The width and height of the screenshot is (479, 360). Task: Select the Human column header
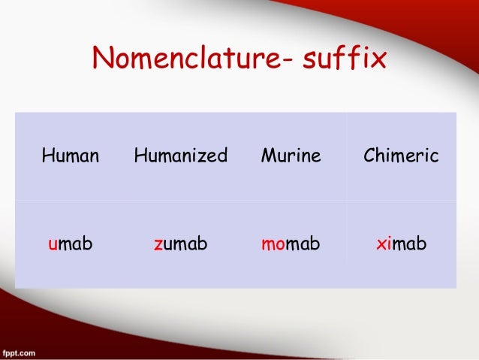click(x=71, y=156)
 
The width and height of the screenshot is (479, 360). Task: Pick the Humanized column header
click(x=180, y=156)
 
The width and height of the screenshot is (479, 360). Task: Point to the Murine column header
click(x=291, y=156)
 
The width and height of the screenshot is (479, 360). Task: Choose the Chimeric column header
click(x=401, y=156)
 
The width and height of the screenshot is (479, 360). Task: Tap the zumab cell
click(x=180, y=244)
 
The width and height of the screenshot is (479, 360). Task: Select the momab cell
click(x=291, y=244)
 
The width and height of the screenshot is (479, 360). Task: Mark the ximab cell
click(x=401, y=244)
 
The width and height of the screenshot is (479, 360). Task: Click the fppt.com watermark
click(x=22, y=352)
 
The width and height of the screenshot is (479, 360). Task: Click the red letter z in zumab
click(x=158, y=245)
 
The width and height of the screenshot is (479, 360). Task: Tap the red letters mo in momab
click(x=272, y=245)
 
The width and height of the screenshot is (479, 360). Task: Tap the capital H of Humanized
click(x=140, y=156)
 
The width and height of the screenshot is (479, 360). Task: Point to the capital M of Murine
click(x=267, y=156)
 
